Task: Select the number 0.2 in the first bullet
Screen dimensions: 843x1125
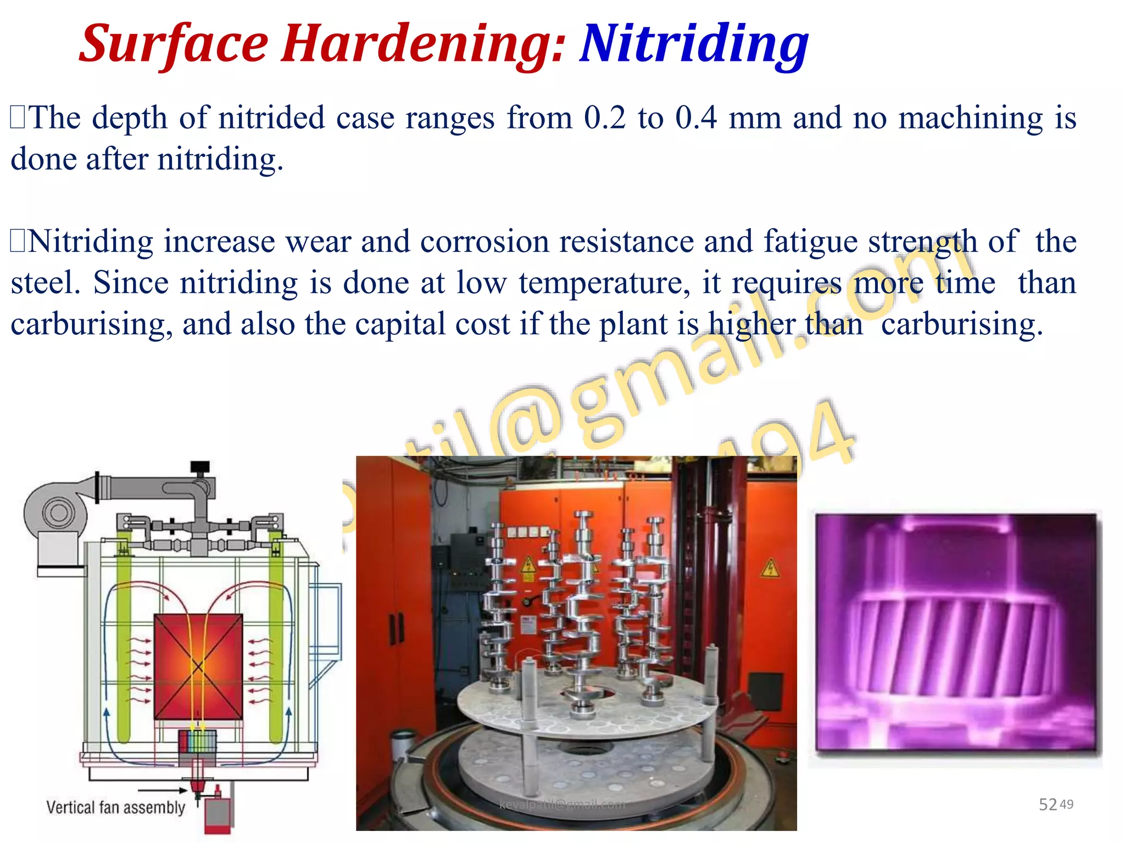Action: tap(604, 118)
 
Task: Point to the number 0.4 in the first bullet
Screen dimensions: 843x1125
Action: tap(696, 118)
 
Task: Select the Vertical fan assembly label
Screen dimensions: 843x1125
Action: tap(115, 807)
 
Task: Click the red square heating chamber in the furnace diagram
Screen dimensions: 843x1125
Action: tap(198, 666)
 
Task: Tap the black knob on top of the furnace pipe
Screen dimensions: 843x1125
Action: tap(200, 467)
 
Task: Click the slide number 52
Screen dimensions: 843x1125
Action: tap(1048, 805)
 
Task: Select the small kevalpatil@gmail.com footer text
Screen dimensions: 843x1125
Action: tap(562, 805)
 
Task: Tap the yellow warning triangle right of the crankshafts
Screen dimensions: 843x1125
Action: tap(770, 568)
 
